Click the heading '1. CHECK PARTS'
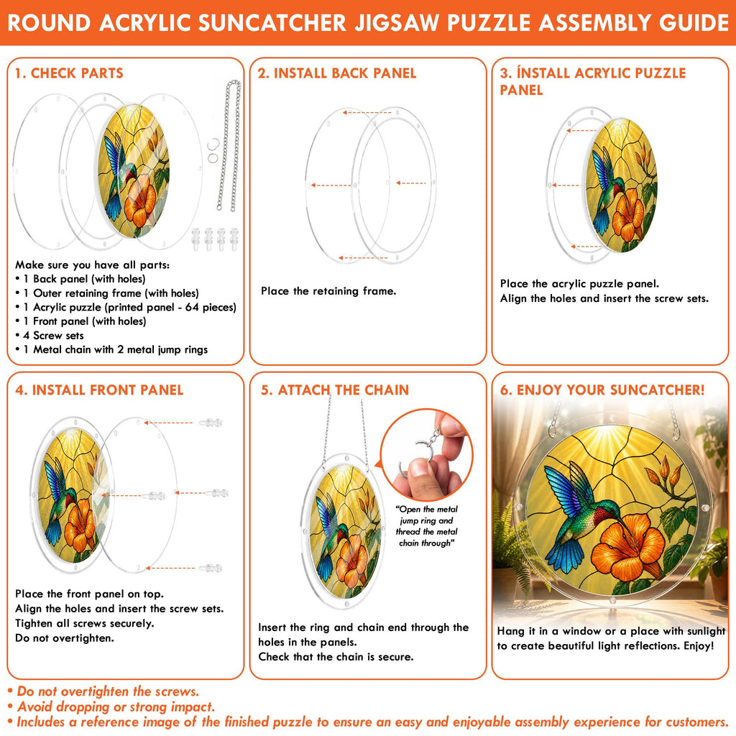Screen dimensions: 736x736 click(x=69, y=73)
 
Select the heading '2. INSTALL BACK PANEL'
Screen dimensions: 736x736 click(x=336, y=73)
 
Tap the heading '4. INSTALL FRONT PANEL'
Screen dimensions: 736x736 click(x=99, y=390)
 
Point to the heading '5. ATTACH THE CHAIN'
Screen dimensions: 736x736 click(x=335, y=390)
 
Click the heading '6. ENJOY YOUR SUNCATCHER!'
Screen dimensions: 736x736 click(x=602, y=390)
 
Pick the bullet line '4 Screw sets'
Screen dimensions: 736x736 click(x=53, y=336)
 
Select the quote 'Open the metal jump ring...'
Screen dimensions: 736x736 click(x=426, y=526)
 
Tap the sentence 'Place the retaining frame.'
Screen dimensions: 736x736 click(x=328, y=291)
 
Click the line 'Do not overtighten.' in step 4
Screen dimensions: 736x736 click(x=64, y=638)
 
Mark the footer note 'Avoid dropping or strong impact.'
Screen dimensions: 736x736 click(x=111, y=707)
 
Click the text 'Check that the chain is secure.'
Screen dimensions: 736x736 click(x=336, y=657)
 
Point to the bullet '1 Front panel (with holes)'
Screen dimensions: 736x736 click(x=80, y=321)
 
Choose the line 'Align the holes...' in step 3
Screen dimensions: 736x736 click(x=604, y=298)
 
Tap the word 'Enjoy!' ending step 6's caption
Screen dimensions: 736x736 click(x=699, y=646)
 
